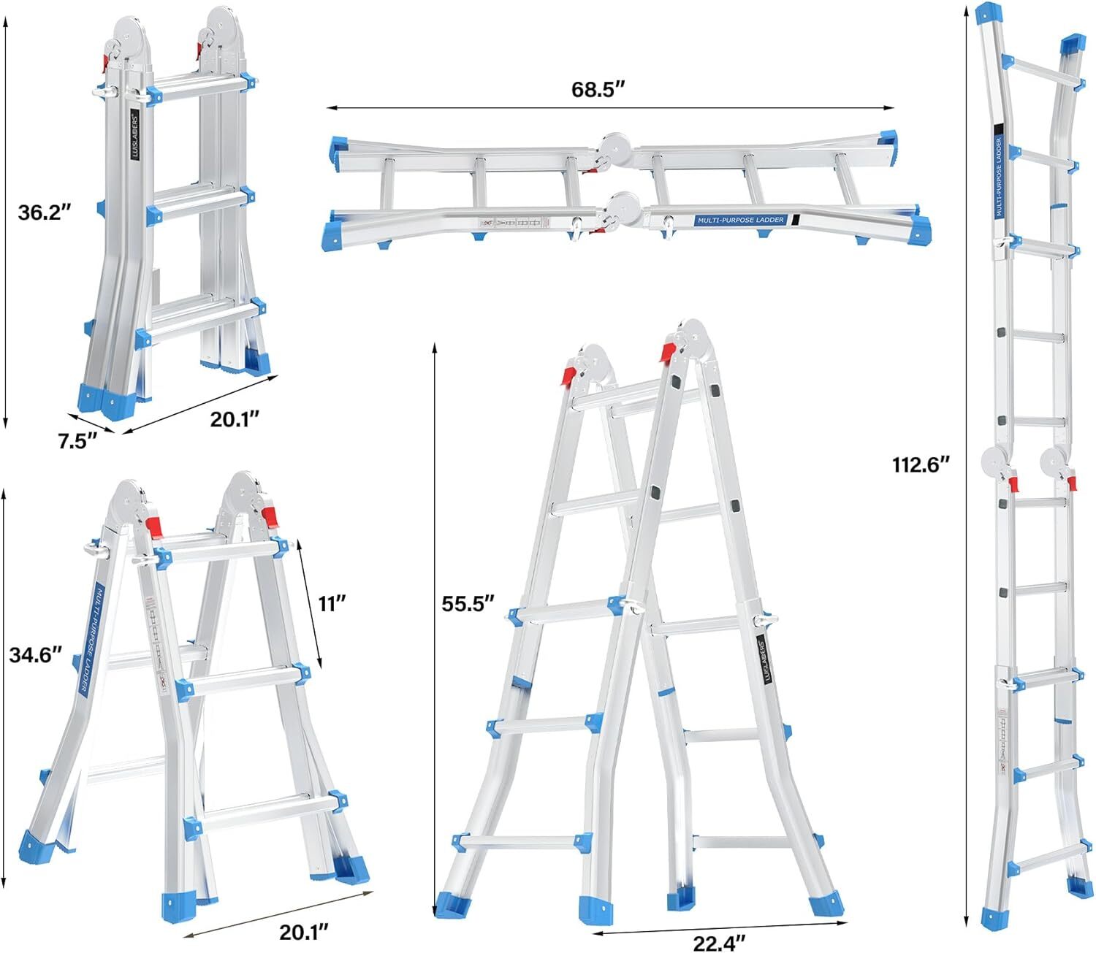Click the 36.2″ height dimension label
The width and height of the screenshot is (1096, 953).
(45, 213)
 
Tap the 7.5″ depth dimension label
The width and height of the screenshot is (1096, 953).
(77, 441)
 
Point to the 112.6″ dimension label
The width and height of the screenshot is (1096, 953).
(920, 464)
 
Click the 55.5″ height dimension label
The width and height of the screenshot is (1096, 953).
(468, 603)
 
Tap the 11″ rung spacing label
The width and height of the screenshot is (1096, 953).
(331, 603)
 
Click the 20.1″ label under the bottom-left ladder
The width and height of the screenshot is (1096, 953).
(304, 932)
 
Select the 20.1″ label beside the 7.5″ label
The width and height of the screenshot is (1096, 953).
(235, 419)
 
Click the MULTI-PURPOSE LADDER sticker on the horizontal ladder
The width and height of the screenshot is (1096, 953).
(740, 220)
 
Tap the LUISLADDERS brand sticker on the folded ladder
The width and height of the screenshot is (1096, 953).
(134, 129)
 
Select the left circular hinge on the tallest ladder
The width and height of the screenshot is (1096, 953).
(994, 462)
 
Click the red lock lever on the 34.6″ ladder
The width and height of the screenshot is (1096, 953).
(153, 526)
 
